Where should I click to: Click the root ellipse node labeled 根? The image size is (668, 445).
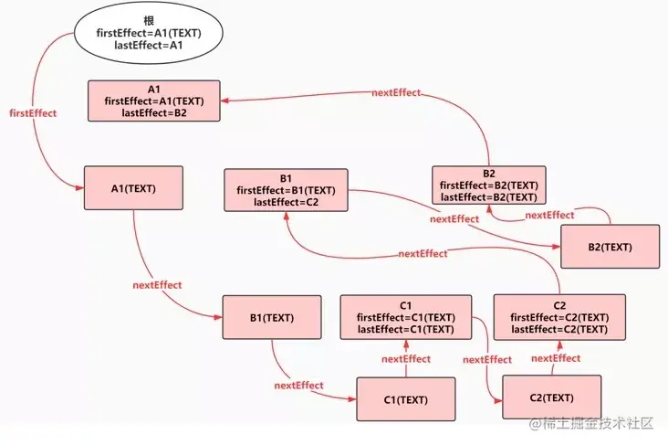click(x=149, y=33)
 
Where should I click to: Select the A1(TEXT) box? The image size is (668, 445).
click(x=133, y=189)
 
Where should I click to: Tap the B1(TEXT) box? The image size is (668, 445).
click(x=272, y=318)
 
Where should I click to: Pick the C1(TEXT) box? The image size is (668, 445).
click(x=406, y=399)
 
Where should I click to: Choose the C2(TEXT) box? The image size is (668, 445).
click(x=552, y=397)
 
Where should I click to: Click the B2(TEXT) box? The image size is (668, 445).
click(x=610, y=247)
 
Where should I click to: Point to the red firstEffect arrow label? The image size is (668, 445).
click(x=32, y=113)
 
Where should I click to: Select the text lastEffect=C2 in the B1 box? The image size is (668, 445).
click(x=286, y=203)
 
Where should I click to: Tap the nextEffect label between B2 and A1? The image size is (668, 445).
click(x=397, y=93)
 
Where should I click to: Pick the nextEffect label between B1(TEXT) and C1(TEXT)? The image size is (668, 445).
click(x=298, y=386)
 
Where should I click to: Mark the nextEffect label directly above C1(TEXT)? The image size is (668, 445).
click(x=406, y=359)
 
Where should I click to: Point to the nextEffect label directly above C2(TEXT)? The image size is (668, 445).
click(x=555, y=358)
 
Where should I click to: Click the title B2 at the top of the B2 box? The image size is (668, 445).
click(x=489, y=174)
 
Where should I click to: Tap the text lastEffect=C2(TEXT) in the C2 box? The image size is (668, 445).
click(x=559, y=329)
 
